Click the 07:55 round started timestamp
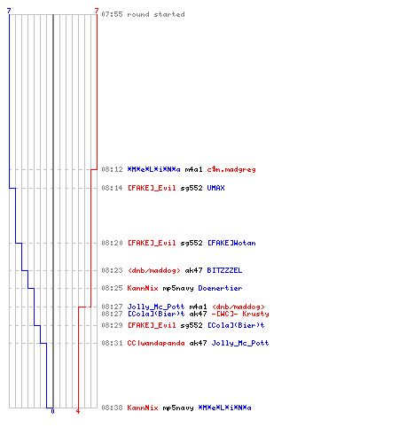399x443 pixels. [112, 14]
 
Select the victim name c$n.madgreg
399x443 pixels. [231, 169]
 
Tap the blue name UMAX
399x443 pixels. [215, 188]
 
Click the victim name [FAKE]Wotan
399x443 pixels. [231, 243]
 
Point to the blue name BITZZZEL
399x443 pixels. [224, 270]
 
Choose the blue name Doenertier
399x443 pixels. [220, 288]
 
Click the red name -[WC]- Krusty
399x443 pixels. [240, 314]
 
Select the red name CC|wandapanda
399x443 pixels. [156, 343]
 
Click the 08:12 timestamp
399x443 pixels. [112, 169]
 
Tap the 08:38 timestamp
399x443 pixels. [112, 408]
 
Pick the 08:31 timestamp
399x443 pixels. [112, 343]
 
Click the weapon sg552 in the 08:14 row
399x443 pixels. [192, 188]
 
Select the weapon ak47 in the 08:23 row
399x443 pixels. [193, 270]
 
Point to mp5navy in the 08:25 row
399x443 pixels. [178, 288]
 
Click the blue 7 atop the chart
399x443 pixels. [9, 11]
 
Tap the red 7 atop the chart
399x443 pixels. [97, 11]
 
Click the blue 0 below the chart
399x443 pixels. [52, 411]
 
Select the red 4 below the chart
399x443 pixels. [78, 411]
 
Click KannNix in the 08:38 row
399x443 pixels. [143, 408]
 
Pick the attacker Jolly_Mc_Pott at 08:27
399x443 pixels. [156, 307]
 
